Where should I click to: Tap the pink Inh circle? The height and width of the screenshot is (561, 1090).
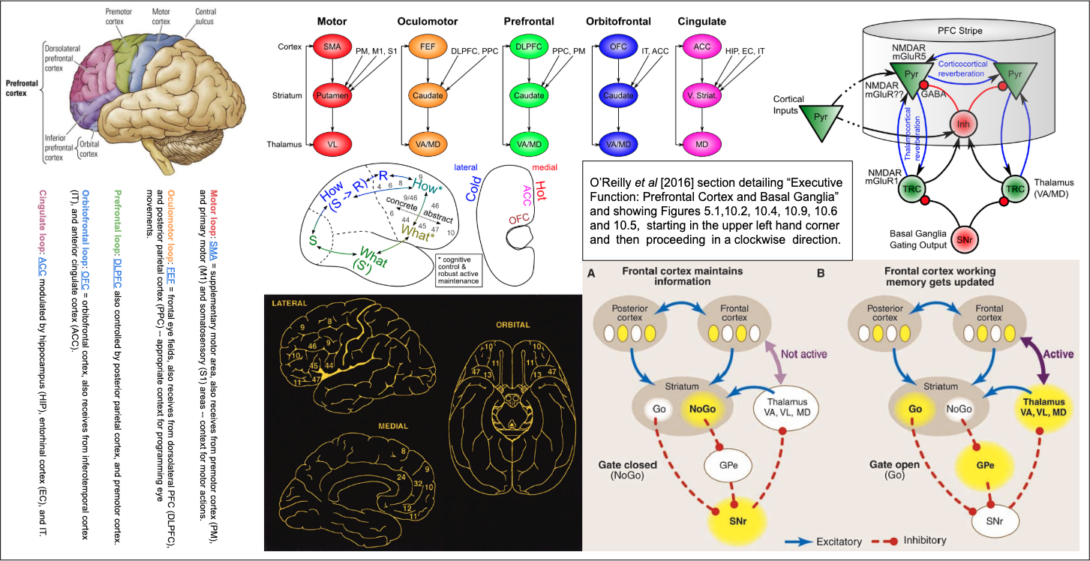tap(966, 124)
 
